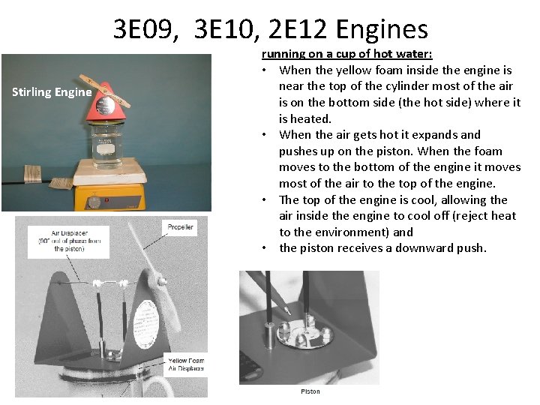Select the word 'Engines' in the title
coord(382,29)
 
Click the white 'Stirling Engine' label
coord(52,92)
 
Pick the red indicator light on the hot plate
coord(106,201)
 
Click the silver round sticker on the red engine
coord(106,105)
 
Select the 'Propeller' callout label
coord(180,226)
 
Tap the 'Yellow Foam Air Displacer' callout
coord(186,364)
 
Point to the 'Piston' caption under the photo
coord(310,391)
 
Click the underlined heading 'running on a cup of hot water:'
coord(346,54)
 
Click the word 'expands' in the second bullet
coord(439,135)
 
